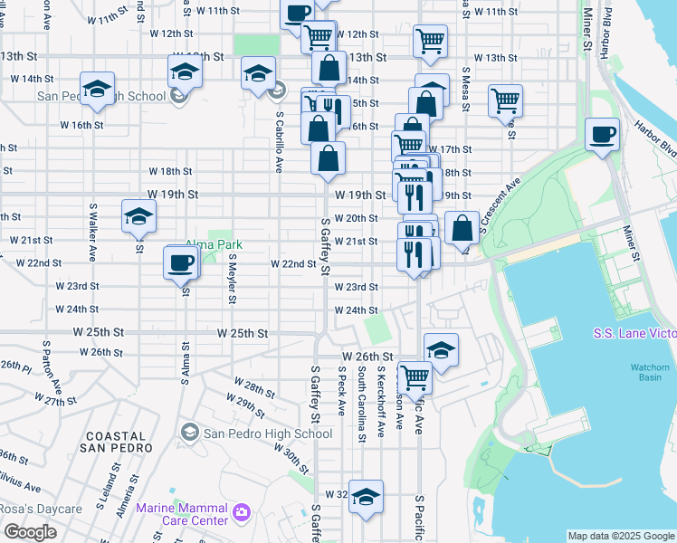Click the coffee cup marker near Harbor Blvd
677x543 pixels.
coord(602,136)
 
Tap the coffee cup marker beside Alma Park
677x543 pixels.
coord(181,262)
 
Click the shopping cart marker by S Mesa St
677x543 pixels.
coord(505,100)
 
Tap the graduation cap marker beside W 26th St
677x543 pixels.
coord(440,350)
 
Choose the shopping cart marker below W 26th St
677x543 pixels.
coord(415,376)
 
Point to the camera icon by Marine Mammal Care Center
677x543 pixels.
coord(241,513)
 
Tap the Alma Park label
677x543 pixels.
coord(214,244)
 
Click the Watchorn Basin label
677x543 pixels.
coord(649,372)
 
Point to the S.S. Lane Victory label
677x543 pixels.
coord(634,334)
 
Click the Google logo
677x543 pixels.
coord(30,532)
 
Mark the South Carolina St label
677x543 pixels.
coord(360,404)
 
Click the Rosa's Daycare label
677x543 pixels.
coord(41,509)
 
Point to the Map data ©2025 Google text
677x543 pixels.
coord(621,536)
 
